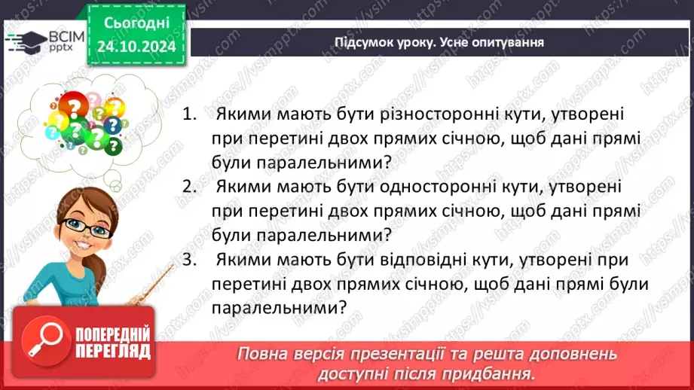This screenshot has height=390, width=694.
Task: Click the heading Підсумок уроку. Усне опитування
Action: pyautogui.click(x=439, y=43)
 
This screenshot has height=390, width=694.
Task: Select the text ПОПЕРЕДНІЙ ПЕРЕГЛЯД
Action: pyautogui.click(x=113, y=343)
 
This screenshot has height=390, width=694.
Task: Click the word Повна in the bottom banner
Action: pyautogui.click(x=264, y=354)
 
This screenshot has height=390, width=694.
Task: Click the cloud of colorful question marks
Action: pyautogui.click(x=83, y=120)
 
